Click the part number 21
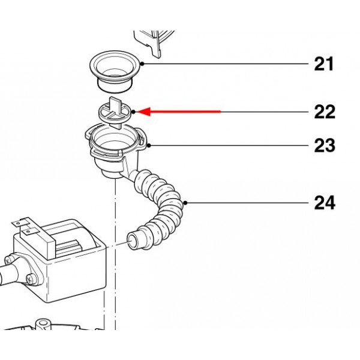pyautogui.click(x=324, y=64)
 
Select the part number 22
pyautogui.click(x=325, y=112)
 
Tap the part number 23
pyautogui.click(x=325, y=145)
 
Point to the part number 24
pyautogui.click(x=325, y=203)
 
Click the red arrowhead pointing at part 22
pyautogui.click(x=144, y=112)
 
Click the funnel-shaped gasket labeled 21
pyautogui.click(x=115, y=71)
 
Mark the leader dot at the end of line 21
pyautogui.click(x=142, y=64)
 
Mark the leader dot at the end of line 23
pyautogui.click(x=149, y=145)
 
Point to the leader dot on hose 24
pyautogui.click(x=185, y=203)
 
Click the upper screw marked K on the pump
pyautogui.click(x=8, y=261)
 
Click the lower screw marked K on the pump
pyautogui.click(x=29, y=280)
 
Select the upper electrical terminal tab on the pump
pyautogui.click(x=20, y=221)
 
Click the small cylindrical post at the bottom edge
pyautogui.click(x=43, y=325)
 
